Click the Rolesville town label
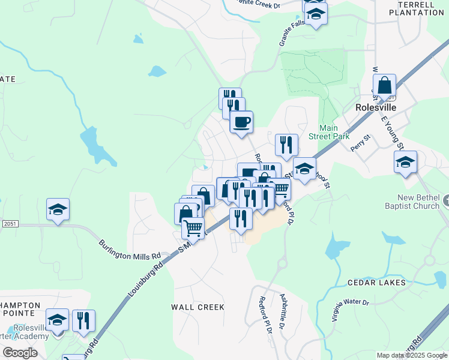point(376,106)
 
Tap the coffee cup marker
point(241,122)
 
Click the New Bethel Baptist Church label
point(418,202)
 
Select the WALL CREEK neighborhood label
point(197,307)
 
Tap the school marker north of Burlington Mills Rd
point(58,210)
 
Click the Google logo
point(20,353)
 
